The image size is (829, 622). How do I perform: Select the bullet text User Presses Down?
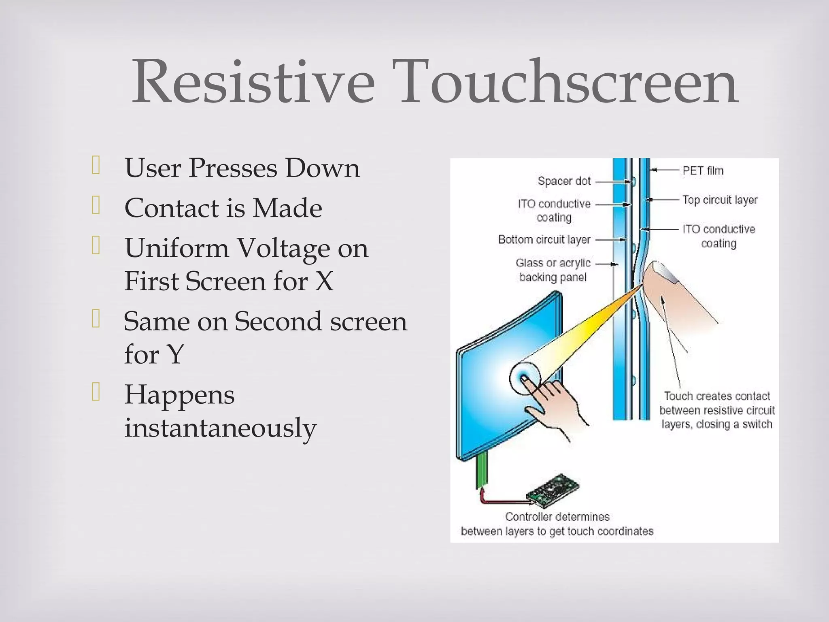(242, 168)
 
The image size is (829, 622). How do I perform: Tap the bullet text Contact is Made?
(223, 208)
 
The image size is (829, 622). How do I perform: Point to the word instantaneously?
(220, 428)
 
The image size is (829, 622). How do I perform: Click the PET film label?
(703, 171)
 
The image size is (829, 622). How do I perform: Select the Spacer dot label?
(564, 181)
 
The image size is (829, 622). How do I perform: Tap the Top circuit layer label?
(719, 200)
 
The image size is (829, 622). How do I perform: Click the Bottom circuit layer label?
(544, 240)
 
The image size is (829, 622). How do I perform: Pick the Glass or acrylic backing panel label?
(553, 270)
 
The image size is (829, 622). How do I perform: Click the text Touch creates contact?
(717, 396)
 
